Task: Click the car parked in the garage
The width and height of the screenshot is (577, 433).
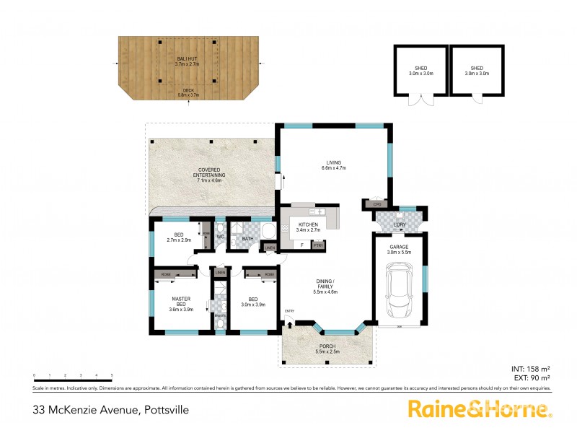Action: coord(399,294)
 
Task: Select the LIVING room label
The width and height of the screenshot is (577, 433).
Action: coord(333,163)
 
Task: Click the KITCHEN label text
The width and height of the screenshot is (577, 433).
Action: coord(309,225)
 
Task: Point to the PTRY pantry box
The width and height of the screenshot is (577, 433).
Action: coord(318,245)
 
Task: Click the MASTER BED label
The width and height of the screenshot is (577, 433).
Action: coord(180,304)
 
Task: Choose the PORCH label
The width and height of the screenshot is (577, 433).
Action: coord(327,348)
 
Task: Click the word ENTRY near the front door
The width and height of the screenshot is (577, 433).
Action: coord(289,311)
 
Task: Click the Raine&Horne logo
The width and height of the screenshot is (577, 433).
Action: coord(480,408)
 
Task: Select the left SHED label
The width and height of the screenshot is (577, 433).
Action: coord(421,71)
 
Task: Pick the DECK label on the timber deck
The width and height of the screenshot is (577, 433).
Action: coord(188,91)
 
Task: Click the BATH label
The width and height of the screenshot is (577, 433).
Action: coord(247,238)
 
